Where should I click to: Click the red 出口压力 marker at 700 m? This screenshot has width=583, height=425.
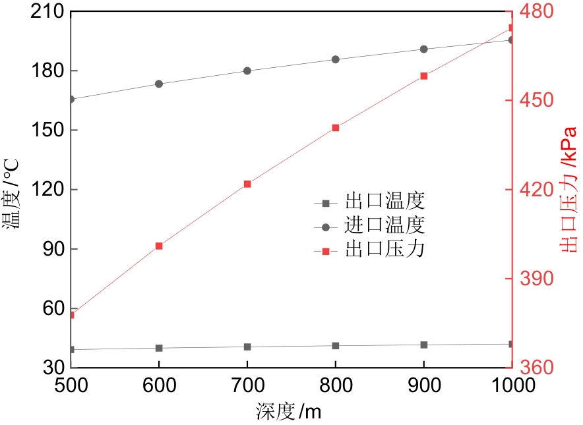point(247,184)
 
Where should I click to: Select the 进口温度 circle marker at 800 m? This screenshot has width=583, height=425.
point(335,59)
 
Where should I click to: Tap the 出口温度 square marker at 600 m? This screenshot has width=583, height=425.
point(159,348)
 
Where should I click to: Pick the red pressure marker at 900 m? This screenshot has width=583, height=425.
point(423,76)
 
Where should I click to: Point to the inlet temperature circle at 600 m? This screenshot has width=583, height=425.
point(159,84)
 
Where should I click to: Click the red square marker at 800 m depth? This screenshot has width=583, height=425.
point(335,128)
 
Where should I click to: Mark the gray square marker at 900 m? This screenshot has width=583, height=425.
point(423,345)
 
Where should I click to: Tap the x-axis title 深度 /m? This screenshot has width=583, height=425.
point(288,412)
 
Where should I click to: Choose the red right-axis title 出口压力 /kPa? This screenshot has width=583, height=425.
point(568,188)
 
